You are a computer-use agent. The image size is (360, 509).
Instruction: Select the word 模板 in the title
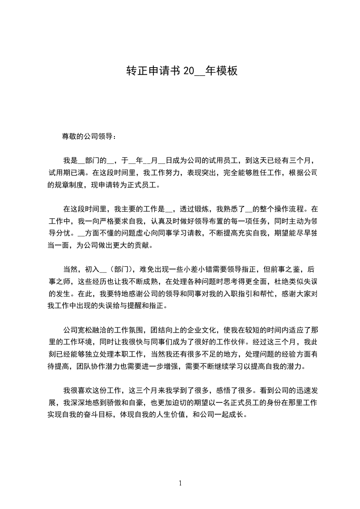227,71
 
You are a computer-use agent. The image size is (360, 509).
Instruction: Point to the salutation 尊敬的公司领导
89,136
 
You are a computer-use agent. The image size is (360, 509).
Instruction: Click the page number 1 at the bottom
180,483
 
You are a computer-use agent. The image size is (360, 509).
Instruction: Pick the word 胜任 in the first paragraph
258,172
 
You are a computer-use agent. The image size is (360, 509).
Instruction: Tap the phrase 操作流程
281,209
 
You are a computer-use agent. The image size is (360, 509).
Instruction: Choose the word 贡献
147,246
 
